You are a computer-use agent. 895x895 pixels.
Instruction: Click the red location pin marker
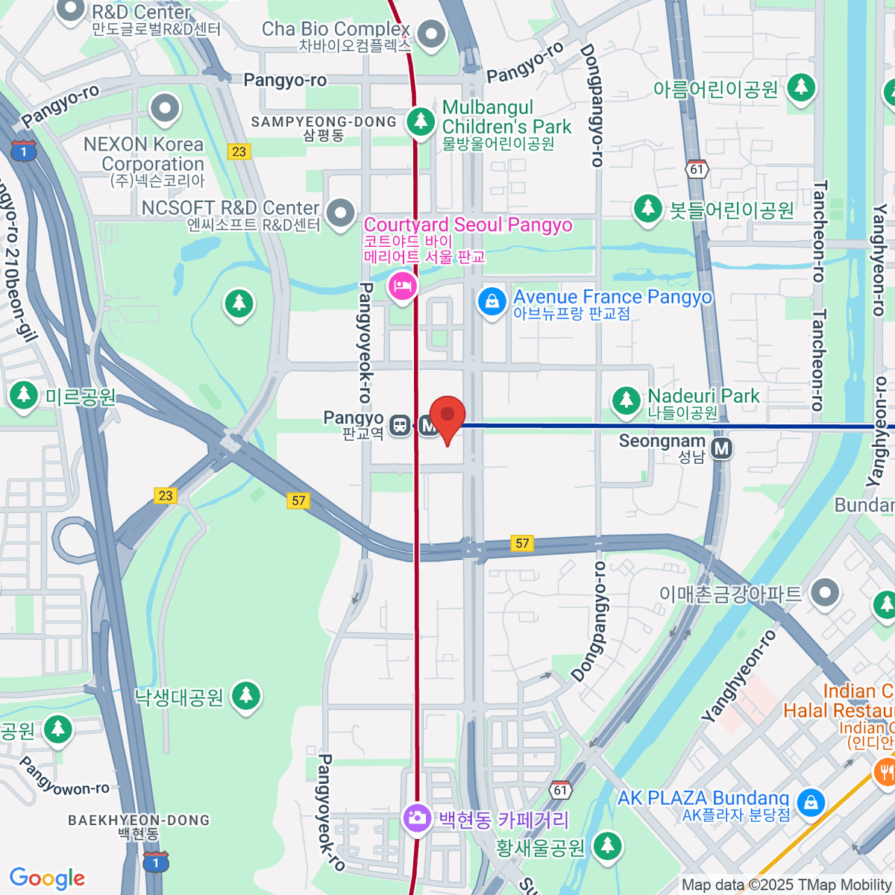coord(447,416)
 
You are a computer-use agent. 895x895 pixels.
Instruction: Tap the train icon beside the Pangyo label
coord(401,426)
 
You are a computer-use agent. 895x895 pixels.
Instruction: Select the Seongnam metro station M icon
coord(721,448)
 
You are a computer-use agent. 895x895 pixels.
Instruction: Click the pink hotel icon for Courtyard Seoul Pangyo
coord(403,286)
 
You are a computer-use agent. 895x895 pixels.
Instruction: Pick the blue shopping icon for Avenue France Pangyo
coord(492,302)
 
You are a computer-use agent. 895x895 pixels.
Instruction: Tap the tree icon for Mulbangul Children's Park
coord(421,120)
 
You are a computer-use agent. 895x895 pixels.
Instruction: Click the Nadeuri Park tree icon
coord(626,401)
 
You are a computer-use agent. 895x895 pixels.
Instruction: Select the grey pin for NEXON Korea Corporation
coord(165,109)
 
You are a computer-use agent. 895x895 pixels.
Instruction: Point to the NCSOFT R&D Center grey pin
coord(341,213)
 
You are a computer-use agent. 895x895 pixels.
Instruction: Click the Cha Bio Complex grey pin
coord(432,34)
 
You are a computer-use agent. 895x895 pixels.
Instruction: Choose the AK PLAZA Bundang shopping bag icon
coord(810,803)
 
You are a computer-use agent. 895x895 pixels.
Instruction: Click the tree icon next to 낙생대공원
coord(245,696)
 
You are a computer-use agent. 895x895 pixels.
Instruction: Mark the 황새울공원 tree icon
coord(607,845)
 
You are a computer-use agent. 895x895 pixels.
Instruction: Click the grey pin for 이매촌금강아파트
coord(825,594)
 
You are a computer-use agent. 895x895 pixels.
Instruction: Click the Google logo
coord(47,878)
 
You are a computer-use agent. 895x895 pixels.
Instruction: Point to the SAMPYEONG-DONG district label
coord(324,122)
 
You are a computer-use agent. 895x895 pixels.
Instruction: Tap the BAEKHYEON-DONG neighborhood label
coord(139,820)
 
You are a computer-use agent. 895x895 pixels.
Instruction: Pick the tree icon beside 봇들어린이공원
coord(647,208)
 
